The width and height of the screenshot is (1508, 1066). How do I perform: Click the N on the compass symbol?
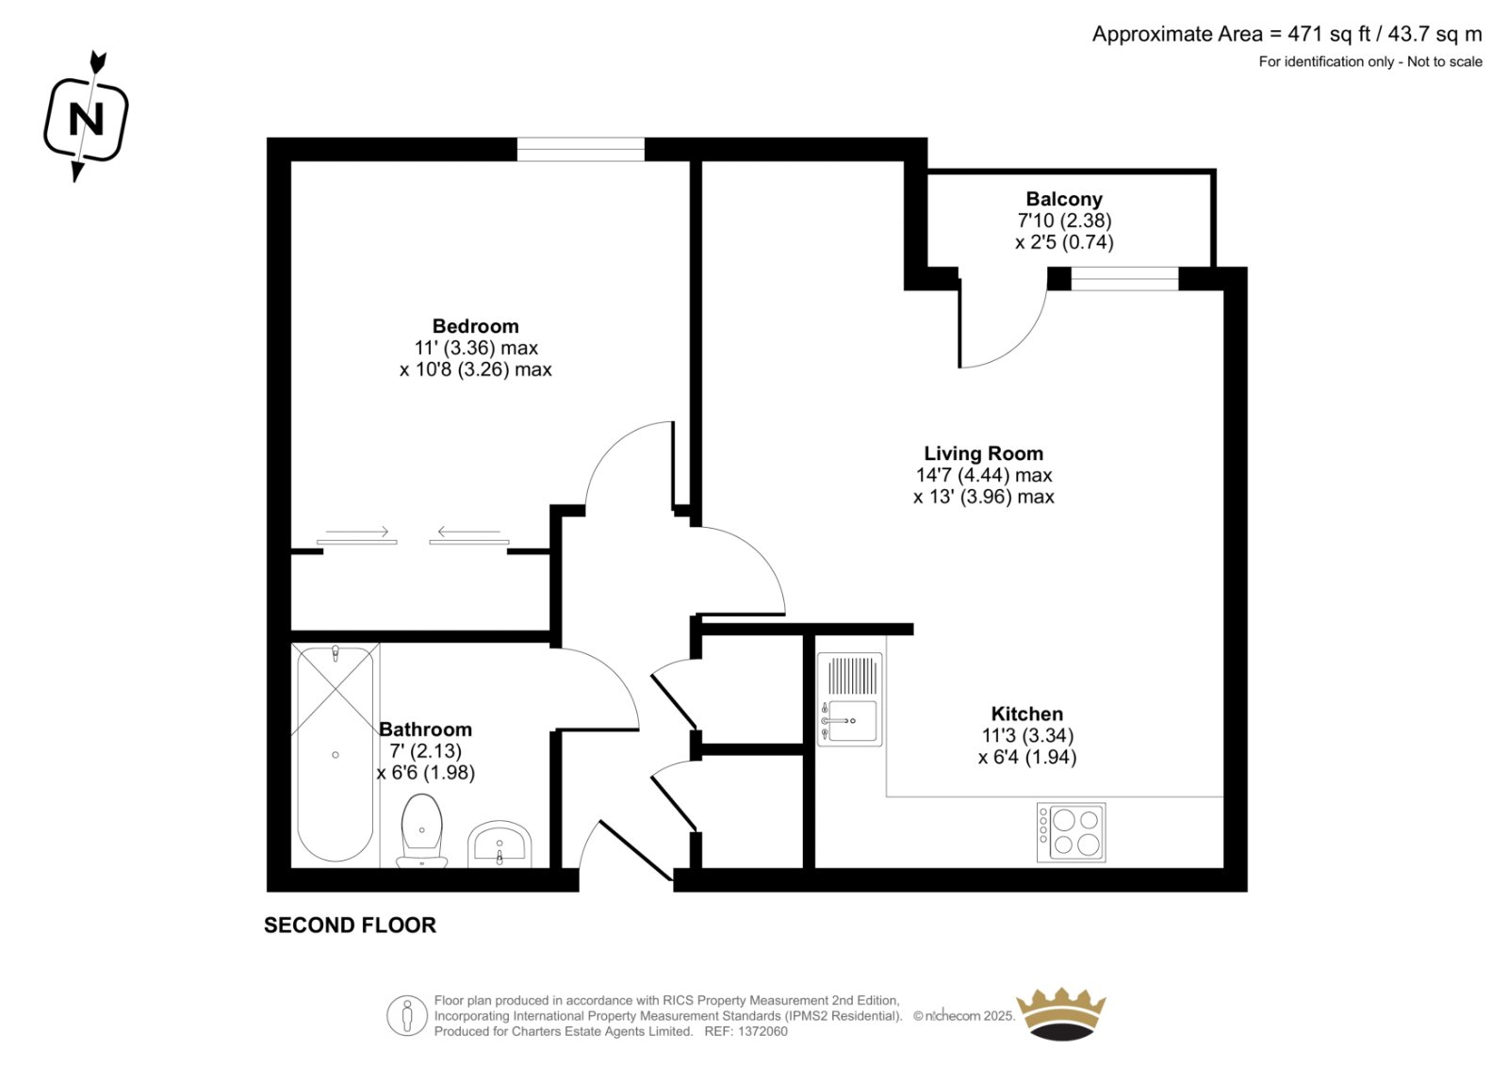point(86,119)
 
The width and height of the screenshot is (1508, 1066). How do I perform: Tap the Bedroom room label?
point(475,327)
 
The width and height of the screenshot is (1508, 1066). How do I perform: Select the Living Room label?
point(984,453)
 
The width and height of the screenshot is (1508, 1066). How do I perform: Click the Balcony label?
point(1064,199)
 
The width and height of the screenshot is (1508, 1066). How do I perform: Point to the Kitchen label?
point(1027,713)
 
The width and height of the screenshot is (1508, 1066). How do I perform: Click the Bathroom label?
point(425,730)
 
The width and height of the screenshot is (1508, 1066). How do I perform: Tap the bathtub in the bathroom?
point(336,753)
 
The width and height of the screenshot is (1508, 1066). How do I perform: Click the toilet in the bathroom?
point(422,831)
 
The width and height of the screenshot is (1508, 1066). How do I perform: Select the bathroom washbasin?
point(500,845)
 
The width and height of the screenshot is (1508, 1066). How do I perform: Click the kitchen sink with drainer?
point(849,699)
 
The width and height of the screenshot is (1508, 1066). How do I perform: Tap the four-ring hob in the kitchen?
point(1071,832)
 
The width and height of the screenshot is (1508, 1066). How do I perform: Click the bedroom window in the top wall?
point(581,150)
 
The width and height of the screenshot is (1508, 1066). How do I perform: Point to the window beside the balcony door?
point(1125,279)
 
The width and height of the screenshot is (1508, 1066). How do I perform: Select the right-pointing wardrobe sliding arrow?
point(357,532)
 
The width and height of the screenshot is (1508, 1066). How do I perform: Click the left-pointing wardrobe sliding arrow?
point(468,532)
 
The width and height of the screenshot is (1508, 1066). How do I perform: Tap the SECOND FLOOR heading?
point(350,926)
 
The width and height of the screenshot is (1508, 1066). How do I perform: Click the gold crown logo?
point(1061,1014)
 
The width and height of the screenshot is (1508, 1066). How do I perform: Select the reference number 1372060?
point(762,1032)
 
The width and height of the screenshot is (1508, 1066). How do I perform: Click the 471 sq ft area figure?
point(1330,34)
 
